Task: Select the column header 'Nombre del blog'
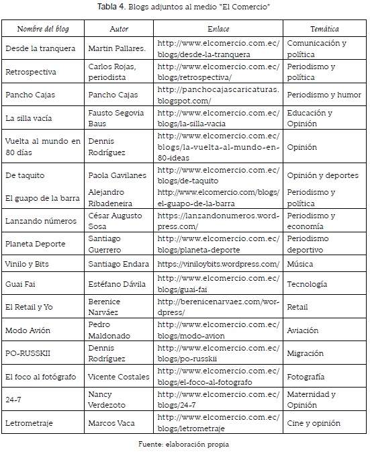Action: pyautogui.click(x=43, y=30)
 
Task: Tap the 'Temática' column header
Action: pyautogui.click(x=324, y=30)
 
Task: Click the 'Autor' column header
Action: pyautogui.click(x=119, y=30)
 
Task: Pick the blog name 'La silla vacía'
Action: pyautogui.click(x=30, y=118)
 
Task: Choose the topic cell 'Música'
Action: pyautogui.click(x=301, y=264)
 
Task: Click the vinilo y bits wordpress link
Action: pyautogui.click(x=218, y=264)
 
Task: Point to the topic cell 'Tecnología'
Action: pyautogui.click(x=307, y=284)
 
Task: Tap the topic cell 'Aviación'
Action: pyautogui.click(x=304, y=330)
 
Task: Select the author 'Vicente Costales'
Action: pyautogui.click(x=119, y=377)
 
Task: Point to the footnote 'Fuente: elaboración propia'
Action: pyautogui.click(x=185, y=444)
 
